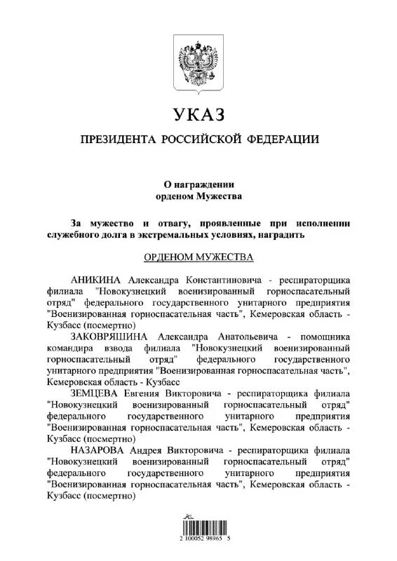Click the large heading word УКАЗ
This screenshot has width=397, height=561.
point(198,114)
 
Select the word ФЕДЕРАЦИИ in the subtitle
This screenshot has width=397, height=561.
point(282,140)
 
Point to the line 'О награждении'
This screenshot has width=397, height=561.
point(198,184)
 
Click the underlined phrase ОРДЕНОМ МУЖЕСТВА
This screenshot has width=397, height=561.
point(198,257)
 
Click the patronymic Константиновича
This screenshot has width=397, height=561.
point(223,280)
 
